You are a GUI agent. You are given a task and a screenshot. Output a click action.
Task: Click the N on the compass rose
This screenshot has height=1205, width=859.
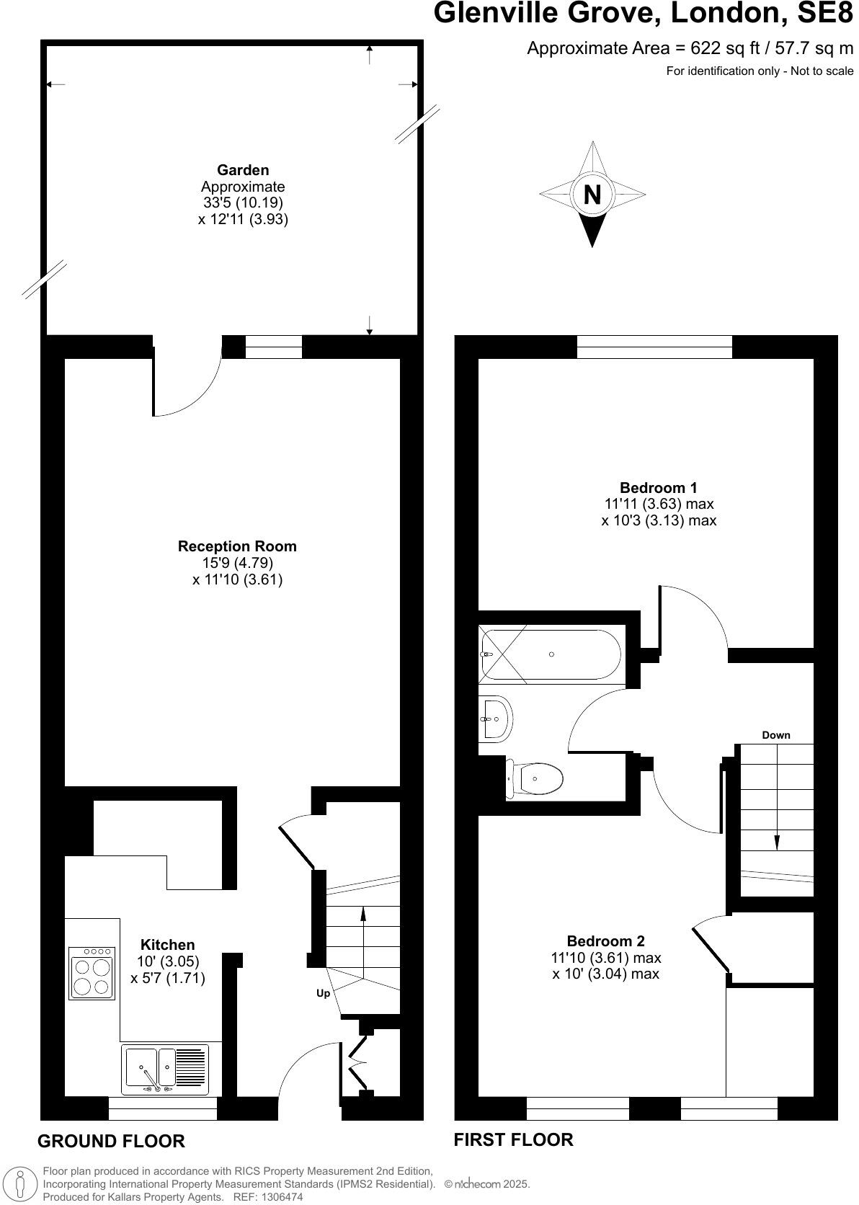coord(592,195)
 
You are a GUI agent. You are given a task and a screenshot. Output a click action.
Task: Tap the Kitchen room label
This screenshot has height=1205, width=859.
coord(167,945)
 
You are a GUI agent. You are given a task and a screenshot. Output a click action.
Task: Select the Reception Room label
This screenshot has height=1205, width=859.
coord(237,546)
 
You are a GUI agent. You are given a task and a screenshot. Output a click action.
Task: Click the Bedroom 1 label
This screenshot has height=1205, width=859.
coord(659,487)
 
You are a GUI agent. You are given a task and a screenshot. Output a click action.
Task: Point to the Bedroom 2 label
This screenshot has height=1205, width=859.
coord(605,941)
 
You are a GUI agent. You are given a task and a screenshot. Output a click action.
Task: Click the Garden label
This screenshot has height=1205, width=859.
coord(243,170)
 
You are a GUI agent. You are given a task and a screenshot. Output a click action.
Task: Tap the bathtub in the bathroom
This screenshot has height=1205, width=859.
coord(550,654)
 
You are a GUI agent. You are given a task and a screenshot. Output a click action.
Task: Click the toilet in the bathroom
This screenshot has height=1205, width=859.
coord(537,779)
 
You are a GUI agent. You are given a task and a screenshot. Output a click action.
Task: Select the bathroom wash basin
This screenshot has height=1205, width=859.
coord(496,719)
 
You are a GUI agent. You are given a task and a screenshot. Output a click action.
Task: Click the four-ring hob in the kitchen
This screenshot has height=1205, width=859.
coord(92,973)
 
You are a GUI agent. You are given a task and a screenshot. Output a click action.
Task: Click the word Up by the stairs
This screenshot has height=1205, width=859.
coord(323,993)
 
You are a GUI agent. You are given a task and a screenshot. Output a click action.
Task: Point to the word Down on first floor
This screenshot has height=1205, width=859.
coord(775,735)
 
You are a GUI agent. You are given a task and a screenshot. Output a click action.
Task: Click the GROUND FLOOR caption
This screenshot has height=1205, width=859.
coord(111,1141)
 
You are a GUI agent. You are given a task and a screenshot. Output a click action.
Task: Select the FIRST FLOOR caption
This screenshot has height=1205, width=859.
coord(513,1139)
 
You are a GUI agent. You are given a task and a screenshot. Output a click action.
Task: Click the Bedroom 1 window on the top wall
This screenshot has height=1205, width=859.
coord(654,347)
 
